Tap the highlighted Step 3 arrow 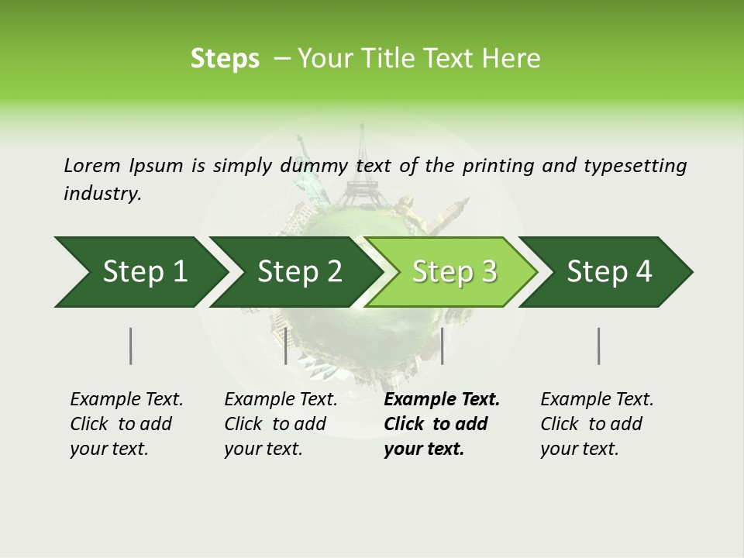point(454,272)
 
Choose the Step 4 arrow point(609,272)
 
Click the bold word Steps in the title point(225,59)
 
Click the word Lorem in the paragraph point(91,165)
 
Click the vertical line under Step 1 point(131,346)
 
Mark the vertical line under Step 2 point(286,346)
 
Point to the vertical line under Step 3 point(442,346)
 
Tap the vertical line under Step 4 point(599,346)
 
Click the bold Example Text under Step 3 point(442,400)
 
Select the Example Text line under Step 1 point(126,400)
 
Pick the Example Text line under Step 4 point(597,400)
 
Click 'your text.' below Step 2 point(263,449)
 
